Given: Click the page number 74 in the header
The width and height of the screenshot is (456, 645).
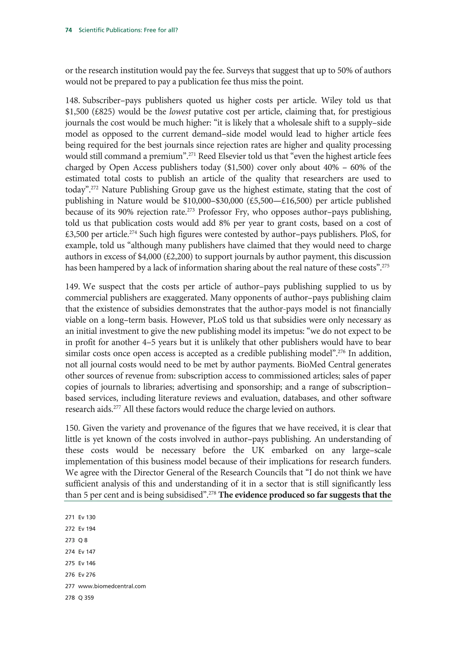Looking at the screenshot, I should click(68, 30).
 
